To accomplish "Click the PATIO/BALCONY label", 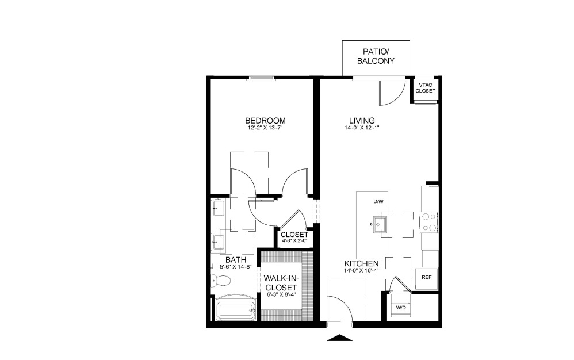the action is (376, 57).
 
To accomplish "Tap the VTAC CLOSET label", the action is (426, 88).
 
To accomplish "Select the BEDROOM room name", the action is (265, 121).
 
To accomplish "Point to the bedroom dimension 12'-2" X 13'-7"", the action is (265, 128).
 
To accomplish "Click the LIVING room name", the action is (362, 121).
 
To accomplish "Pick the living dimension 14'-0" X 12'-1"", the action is (362, 128).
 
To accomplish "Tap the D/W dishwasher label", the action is (378, 202).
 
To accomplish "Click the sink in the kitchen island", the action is (378, 224).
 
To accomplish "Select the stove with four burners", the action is (429, 223).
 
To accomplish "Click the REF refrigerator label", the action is (426, 277).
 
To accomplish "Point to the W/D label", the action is (401, 308).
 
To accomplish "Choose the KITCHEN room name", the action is (361, 264).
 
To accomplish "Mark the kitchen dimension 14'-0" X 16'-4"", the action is (361, 271).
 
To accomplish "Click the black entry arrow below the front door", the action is (340, 338).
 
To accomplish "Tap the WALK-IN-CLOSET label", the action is (281, 283).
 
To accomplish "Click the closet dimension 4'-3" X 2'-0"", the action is (294, 241).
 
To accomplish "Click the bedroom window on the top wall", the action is (261, 78).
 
